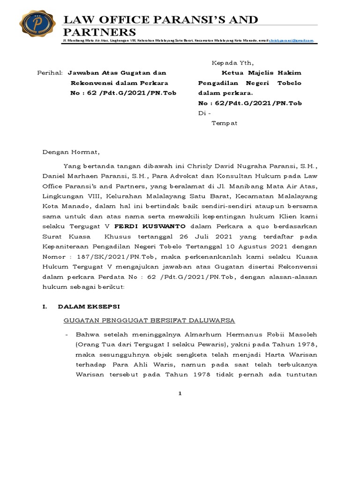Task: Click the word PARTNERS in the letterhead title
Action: click(x=100, y=32)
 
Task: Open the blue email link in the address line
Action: click(x=291, y=41)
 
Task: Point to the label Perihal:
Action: click(x=50, y=73)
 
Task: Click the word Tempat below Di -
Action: click(x=225, y=123)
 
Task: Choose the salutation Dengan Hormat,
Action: click(x=71, y=152)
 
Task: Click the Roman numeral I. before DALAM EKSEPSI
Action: click(x=45, y=307)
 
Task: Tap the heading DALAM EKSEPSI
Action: click(x=89, y=307)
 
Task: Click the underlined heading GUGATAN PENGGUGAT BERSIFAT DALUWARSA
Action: click(x=149, y=320)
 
